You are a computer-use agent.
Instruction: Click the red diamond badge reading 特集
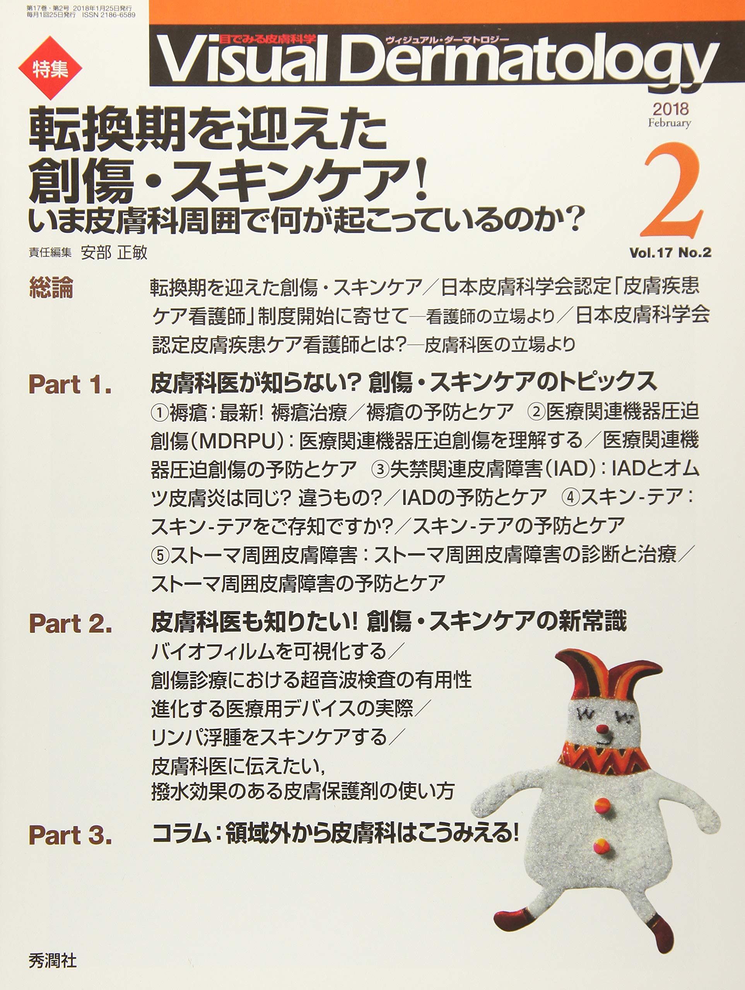point(50,68)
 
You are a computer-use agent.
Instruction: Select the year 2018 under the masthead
point(670,108)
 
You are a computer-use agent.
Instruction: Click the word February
point(669,123)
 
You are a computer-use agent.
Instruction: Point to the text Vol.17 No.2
point(670,253)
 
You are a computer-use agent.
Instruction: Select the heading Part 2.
point(70,623)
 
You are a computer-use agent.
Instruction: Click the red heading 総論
point(51,287)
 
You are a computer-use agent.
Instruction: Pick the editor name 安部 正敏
point(114,253)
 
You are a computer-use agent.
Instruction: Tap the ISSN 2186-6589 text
point(109,15)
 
